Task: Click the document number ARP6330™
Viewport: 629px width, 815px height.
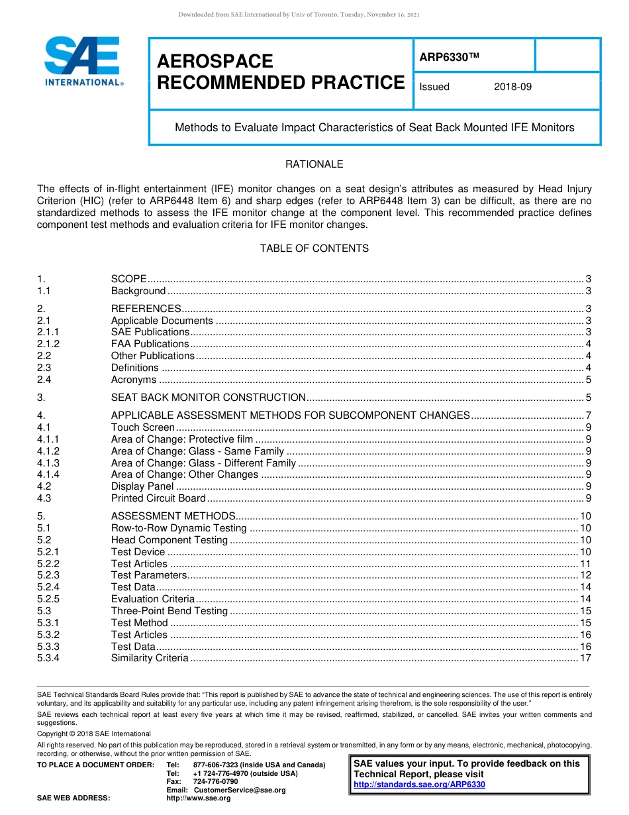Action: coord(448,58)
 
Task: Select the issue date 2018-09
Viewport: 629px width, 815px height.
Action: coord(512,87)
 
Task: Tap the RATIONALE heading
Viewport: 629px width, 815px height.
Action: coord(314,164)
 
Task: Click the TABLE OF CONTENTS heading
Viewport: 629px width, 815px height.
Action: coord(314,248)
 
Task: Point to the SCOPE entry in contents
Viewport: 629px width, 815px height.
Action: coord(128,279)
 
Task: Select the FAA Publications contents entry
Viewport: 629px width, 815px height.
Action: coord(150,344)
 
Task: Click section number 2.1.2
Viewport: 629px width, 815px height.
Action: coord(48,344)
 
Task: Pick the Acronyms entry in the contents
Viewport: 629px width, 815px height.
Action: coord(134,380)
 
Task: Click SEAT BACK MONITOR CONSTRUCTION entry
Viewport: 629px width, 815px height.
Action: coord(208,398)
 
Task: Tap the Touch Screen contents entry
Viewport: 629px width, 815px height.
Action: coord(142,427)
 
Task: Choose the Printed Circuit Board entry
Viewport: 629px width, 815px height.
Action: coord(158,498)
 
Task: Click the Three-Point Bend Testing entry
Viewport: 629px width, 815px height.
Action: coord(169,611)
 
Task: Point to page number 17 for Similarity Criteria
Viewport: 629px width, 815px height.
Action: coord(585,658)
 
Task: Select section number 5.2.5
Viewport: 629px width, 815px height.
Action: coord(48,599)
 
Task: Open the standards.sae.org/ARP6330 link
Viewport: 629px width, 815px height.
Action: coord(419,785)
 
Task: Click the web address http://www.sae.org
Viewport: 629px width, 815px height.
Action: coord(199,798)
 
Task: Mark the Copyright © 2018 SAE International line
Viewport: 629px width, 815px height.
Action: coord(94,734)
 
